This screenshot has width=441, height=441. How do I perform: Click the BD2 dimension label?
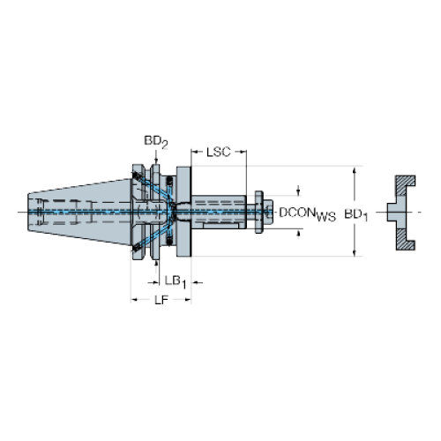tap(156, 142)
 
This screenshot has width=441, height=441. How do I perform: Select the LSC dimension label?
tap(219, 152)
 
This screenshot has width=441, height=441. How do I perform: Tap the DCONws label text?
tap(307, 213)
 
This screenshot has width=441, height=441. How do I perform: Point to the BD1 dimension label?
tap(356, 215)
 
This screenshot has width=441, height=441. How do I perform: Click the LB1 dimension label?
tap(176, 282)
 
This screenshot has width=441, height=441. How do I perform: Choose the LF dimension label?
tap(161, 300)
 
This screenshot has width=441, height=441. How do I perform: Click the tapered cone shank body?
tap(79, 212)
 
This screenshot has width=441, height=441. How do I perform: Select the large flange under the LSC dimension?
tap(183, 212)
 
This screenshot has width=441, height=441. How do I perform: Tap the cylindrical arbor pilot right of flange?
tap(219, 212)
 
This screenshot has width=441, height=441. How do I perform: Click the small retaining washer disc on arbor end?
tap(258, 212)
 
